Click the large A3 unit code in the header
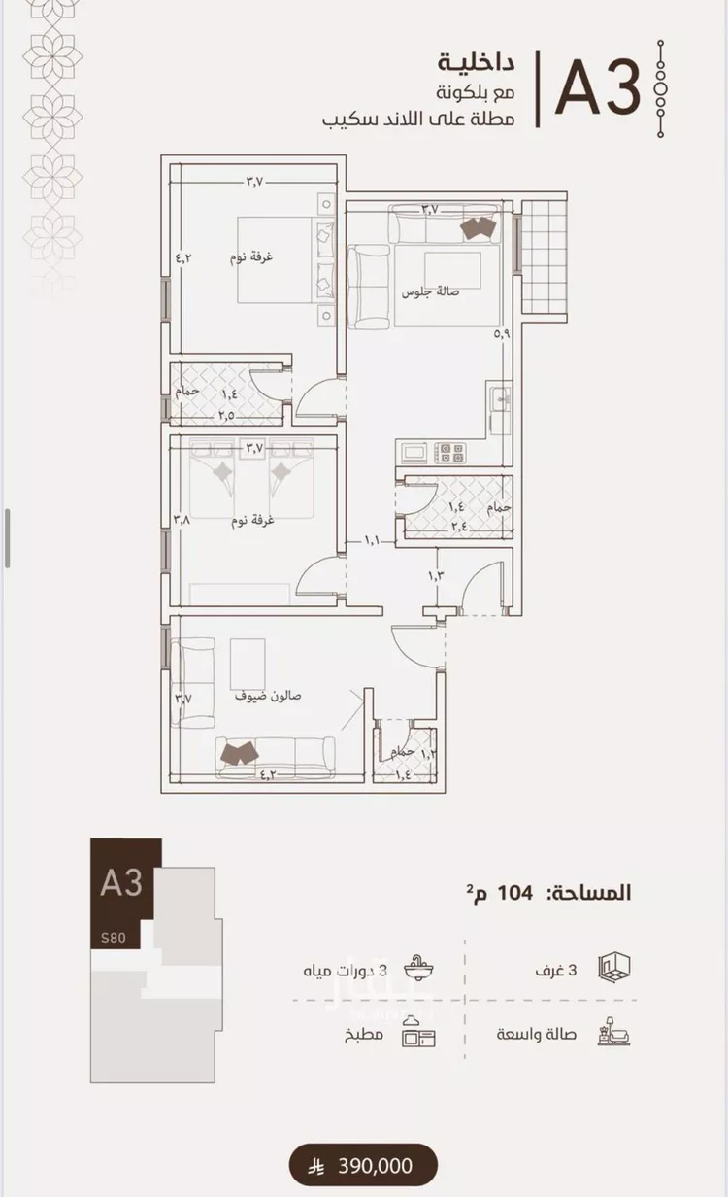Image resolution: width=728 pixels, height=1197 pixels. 597,88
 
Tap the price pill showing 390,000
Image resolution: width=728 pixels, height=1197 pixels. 363,1165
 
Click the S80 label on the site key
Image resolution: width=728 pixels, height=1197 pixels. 114,938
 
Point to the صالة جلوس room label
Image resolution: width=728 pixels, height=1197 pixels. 430,292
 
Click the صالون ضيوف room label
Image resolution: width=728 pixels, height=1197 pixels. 268,696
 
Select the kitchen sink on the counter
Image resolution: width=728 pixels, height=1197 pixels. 500,396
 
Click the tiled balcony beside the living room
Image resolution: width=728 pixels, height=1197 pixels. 544,257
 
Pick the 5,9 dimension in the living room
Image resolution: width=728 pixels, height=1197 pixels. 502,334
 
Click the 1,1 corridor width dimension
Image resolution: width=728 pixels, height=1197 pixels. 372,541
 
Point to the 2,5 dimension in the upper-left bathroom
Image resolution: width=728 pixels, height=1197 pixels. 226,416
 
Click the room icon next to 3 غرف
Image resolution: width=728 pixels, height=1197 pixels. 613,968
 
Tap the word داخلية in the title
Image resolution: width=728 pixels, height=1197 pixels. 477,63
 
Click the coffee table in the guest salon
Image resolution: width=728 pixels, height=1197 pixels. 248,664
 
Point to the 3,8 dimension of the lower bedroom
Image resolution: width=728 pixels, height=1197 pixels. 182,519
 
